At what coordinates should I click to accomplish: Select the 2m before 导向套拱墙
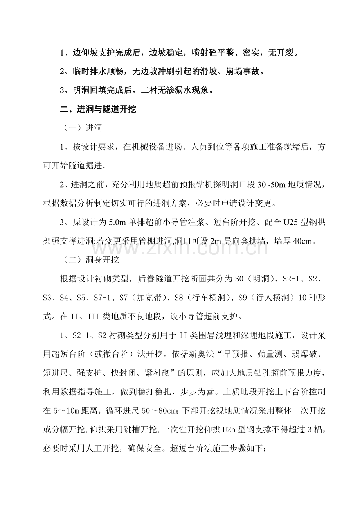click(x=216, y=241)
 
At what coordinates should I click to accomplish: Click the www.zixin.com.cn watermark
click(x=180, y=246)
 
